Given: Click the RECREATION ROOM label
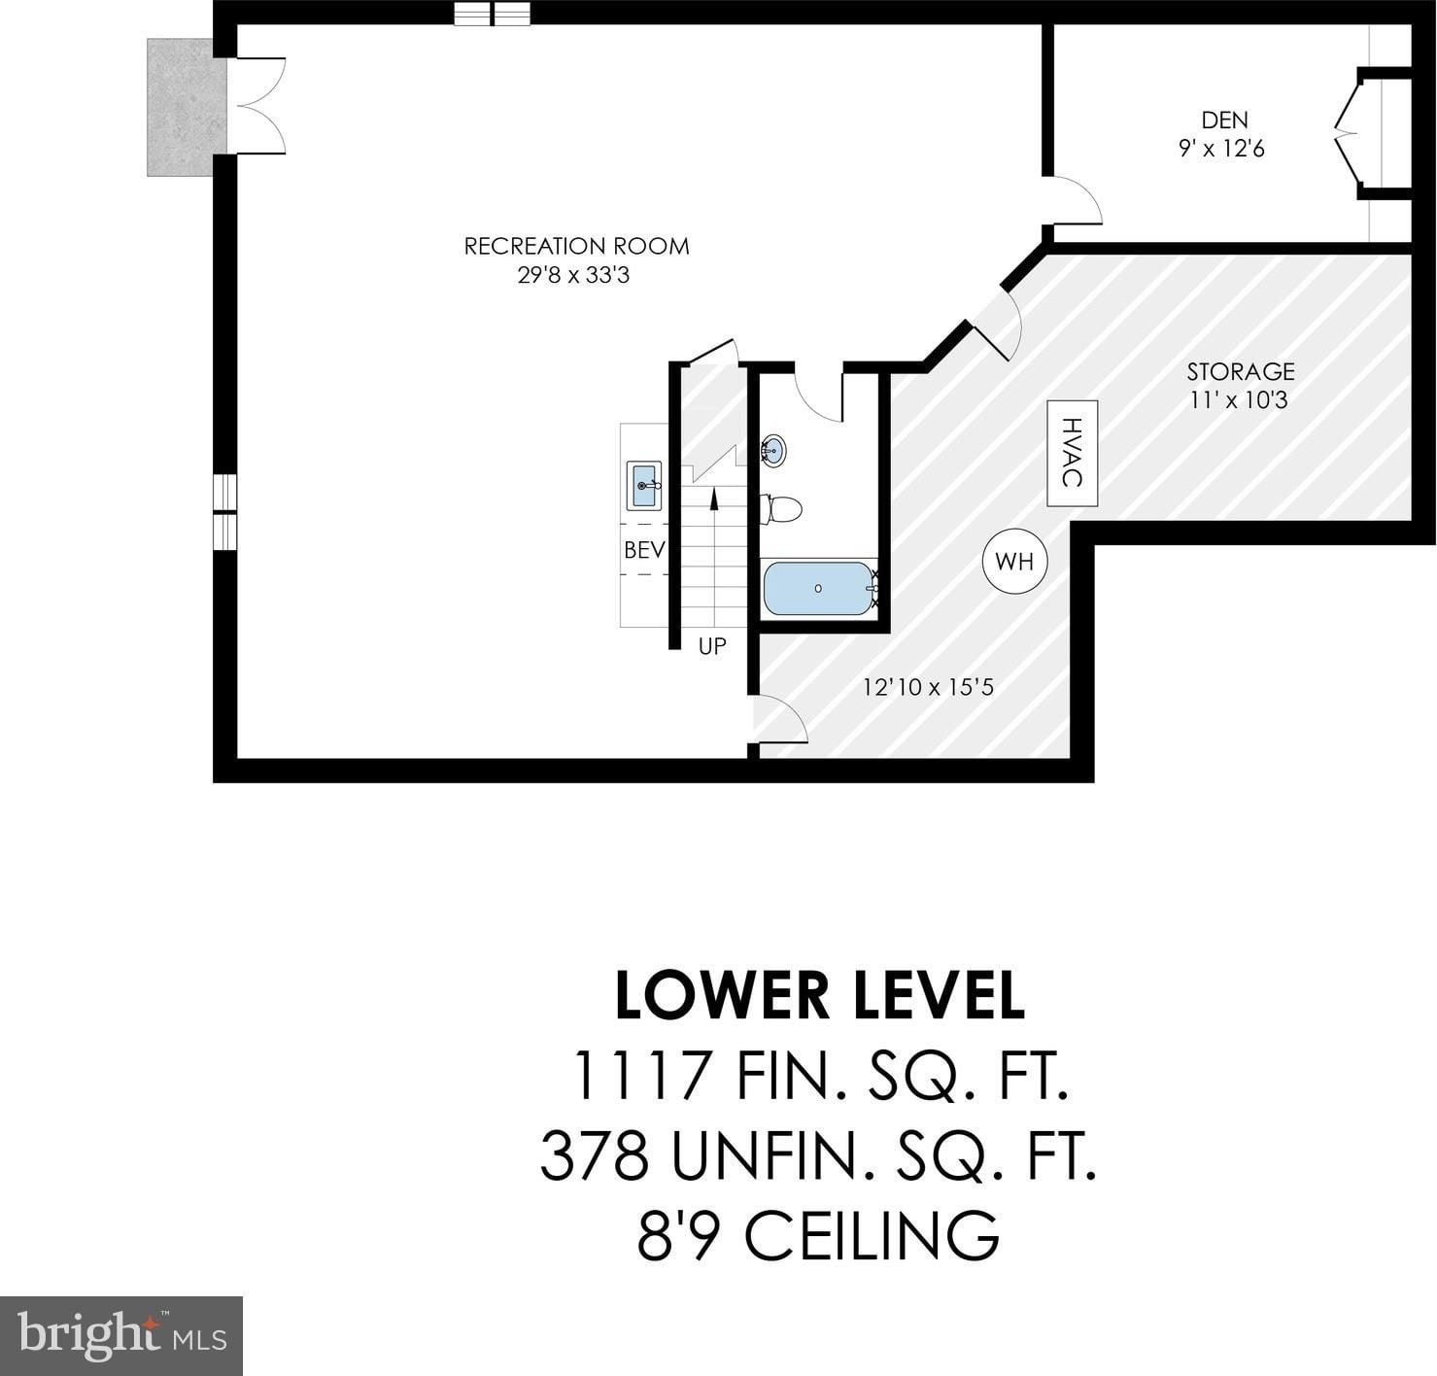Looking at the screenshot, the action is [576, 246].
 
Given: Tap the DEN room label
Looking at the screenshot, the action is [1224, 120].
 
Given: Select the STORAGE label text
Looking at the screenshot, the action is [1241, 371].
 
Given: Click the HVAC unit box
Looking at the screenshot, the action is [1073, 454].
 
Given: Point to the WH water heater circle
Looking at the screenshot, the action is [1014, 562].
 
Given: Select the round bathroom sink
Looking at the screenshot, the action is [773, 450].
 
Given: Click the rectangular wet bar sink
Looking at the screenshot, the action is [644, 485].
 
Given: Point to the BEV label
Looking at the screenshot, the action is [644, 549].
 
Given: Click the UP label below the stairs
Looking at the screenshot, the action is [712, 646].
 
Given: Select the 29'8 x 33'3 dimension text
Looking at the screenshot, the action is [573, 276].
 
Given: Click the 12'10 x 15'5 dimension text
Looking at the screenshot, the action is [928, 688].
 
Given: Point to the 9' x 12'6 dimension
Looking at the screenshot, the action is [1221, 149].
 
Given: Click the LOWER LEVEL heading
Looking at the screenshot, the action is [820, 996].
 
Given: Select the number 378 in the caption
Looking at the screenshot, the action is [595, 1156].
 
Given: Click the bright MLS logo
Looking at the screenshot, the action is [121, 1336].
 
